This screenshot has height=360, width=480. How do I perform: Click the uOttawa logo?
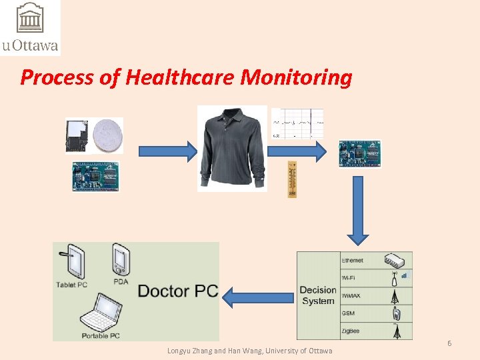click(x=30, y=27)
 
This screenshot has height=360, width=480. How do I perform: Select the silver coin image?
click(x=108, y=135)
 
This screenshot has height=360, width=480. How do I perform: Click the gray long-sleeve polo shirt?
click(x=231, y=148)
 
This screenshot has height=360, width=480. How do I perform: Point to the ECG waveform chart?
click(x=298, y=124)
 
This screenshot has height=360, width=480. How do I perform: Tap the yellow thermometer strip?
click(x=291, y=179)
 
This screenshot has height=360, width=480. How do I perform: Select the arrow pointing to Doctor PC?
click(x=259, y=296)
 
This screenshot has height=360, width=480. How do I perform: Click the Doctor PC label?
click(x=177, y=291)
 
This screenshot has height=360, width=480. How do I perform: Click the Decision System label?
click(x=318, y=295)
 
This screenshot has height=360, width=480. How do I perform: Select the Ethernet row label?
click(x=353, y=259)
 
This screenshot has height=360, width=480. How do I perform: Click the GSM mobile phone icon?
click(x=395, y=313)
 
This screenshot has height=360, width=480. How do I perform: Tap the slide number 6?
click(x=449, y=343)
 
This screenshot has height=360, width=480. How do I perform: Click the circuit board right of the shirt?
click(x=359, y=153)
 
